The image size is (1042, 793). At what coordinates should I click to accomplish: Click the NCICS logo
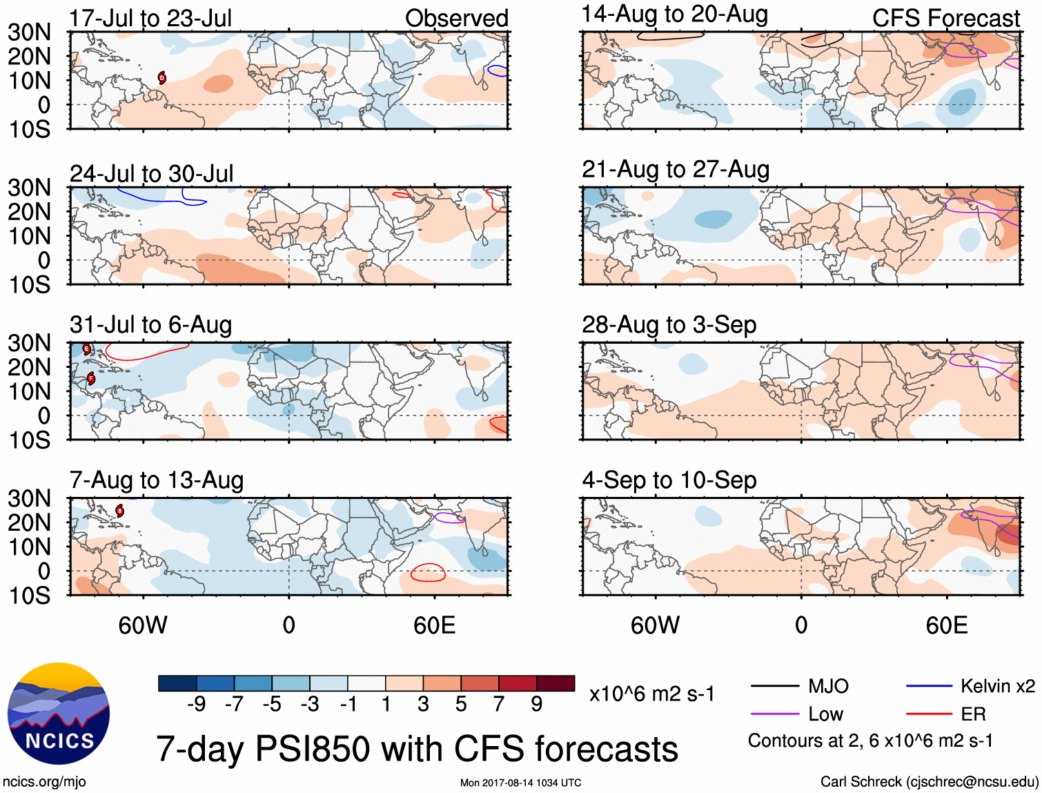click(x=59, y=714)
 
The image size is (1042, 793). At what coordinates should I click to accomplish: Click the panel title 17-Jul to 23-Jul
click(x=150, y=18)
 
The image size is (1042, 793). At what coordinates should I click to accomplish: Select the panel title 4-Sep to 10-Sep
click(x=669, y=480)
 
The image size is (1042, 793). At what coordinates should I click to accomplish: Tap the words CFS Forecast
click(x=945, y=19)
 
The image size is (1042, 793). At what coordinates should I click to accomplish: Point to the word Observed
click(x=456, y=19)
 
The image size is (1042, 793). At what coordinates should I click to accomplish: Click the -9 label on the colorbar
click(x=196, y=704)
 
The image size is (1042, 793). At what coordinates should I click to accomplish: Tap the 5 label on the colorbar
click(x=461, y=704)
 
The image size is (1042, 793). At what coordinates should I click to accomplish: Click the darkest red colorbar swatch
click(x=556, y=683)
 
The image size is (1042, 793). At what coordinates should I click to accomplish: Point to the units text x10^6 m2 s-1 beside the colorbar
click(x=651, y=694)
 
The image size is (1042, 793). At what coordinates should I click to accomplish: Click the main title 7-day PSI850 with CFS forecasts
click(x=417, y=749)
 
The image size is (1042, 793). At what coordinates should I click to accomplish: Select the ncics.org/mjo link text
click(x=44, y=782)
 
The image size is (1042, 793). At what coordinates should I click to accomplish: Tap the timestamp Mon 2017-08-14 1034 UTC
click(x=520, y=783)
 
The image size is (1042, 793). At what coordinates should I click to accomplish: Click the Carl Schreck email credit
click(x=929, y=782)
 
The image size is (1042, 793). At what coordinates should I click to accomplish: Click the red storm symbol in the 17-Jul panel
click(x=161, y=77)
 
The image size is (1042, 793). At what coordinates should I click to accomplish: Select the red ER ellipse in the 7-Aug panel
click(x=428, y=572)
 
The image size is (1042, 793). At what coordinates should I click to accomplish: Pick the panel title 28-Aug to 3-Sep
click(x=669, y=324)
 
